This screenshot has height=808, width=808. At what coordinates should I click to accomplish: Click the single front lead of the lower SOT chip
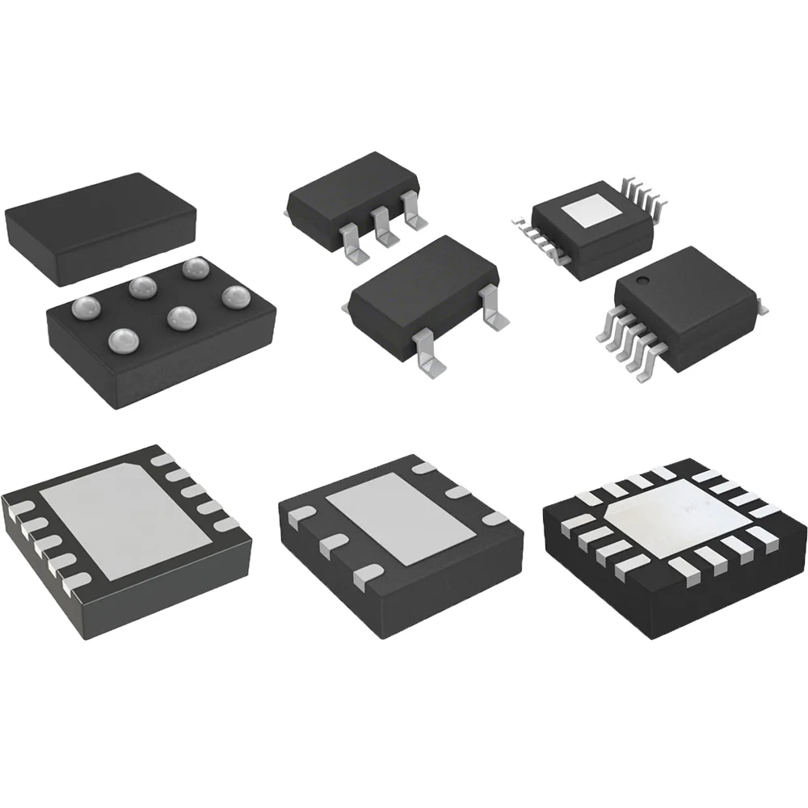430,356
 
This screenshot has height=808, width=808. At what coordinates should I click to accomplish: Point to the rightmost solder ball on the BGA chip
235,296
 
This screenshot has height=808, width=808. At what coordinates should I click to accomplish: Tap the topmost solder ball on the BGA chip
194,267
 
